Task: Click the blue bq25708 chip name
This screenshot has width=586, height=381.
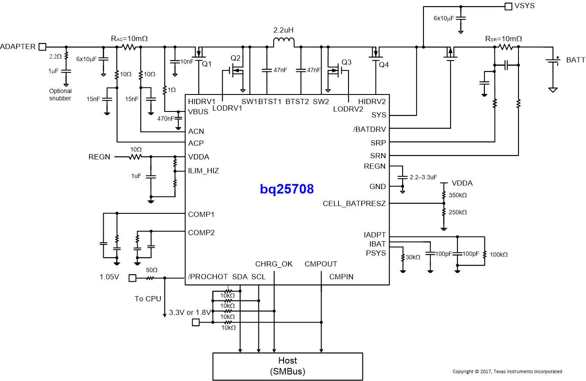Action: [287, 189]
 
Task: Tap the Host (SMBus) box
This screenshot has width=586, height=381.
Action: [287, 366]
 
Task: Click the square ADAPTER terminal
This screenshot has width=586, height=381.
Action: [42, 47]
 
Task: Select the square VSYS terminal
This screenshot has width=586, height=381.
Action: [508, 6]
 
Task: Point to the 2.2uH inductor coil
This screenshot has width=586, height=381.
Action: [284, 42]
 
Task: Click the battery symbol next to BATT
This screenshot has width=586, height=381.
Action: [553, 61]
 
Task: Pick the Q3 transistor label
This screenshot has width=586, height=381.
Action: [346, 61]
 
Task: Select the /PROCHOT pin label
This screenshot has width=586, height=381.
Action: [208, 276]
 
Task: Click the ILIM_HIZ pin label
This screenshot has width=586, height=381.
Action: [203, 171]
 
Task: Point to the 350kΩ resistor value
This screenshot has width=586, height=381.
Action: [457, 195]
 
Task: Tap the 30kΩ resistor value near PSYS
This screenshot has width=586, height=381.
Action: [413, 257]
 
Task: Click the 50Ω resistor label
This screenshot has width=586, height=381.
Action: [152, 270]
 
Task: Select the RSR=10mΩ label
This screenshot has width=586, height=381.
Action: [503, 39]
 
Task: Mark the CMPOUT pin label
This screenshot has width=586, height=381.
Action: [321, 264]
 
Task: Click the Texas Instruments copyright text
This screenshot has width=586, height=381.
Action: [507, 371]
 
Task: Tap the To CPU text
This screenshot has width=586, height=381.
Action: [148, 299]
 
